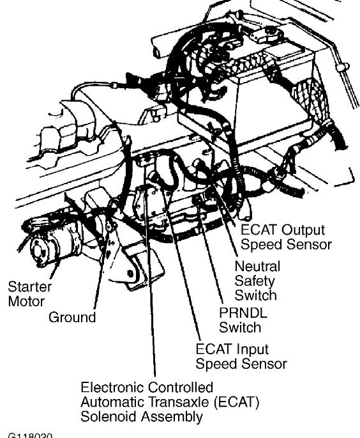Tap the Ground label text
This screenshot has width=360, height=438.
click(x=72, y=317)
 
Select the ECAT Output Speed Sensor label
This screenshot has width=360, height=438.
click(x=283, y=237)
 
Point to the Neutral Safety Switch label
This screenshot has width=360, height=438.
click(x=257, y=280)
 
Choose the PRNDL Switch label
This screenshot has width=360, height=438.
click(x=240, y=320)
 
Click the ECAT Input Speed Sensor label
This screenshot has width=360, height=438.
click(x=241, y=357)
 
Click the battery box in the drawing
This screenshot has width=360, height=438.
click(x=249, y=96)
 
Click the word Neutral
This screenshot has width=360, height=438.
click(x=257, y=265)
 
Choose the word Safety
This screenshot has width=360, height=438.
click(x=254, y=280)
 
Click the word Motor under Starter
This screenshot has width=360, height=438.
click(x=26, y=301)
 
